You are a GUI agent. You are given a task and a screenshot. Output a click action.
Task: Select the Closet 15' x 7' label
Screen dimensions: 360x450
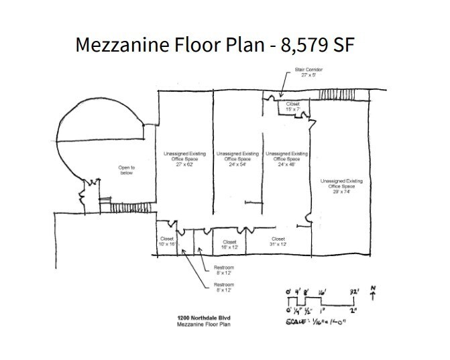pos(293,107)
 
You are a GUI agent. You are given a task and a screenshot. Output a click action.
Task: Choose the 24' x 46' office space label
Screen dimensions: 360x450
pos(287,159)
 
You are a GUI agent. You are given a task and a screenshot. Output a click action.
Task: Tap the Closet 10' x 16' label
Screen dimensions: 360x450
pos(168,242)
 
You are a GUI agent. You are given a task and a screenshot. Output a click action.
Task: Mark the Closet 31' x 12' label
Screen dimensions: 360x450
pos(278,243)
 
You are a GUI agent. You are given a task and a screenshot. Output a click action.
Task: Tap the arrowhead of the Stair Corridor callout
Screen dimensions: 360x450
pos(282,95)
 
